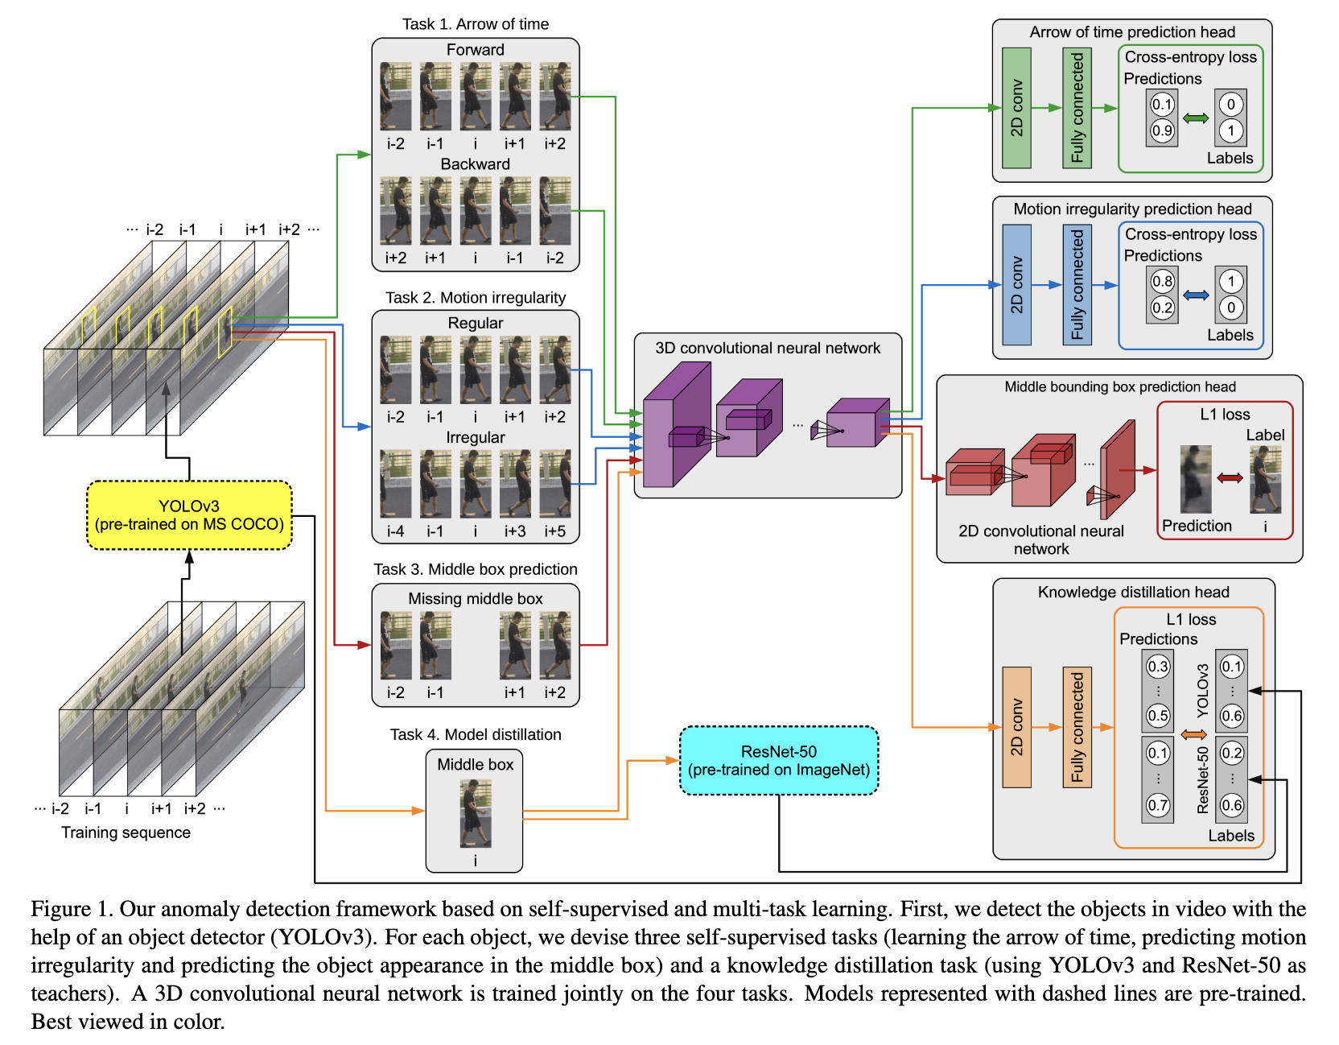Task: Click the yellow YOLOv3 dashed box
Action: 189,515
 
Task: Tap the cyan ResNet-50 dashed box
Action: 779,761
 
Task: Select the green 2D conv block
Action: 1016,108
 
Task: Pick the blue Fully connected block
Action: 1077,285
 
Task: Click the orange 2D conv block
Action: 1016,727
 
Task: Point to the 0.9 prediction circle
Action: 1162,130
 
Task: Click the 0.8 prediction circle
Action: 1162,281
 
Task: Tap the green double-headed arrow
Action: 1196,118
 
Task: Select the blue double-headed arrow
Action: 1196,295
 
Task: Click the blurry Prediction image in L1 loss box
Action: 1196,480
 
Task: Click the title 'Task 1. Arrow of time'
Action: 476,24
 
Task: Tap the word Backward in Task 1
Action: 476,163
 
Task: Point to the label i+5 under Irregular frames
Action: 555,531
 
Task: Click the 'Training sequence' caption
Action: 126,832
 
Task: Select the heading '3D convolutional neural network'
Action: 768,348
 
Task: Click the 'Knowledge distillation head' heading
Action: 1134,592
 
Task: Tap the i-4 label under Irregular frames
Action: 396,531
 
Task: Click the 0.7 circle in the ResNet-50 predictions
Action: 1158,805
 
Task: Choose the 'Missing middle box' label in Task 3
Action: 476,599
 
